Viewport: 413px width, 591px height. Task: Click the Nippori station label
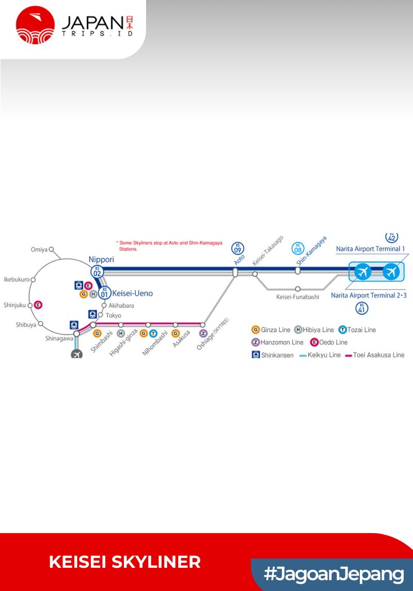pos(101,260)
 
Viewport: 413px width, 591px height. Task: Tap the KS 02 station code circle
pos(97,270)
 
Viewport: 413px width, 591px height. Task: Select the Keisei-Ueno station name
pos(133,293)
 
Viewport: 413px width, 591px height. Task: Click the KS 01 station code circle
pos(105,293)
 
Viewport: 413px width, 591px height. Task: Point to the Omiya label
pos(39,250)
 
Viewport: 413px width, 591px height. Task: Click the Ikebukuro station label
pos(17,279)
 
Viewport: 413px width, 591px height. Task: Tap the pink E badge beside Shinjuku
pos(38,305)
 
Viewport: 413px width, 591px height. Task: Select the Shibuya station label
pos(26,325)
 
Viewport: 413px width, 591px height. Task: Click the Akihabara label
pos(121,306)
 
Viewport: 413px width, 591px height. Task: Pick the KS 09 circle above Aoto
pos(237,248)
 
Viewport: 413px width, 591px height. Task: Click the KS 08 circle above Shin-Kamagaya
pos(298,248)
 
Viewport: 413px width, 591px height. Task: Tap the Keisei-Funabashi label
pos(297,297)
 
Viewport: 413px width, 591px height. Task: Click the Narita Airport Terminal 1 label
pos(370,249)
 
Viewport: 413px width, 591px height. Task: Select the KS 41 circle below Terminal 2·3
pos(362,309)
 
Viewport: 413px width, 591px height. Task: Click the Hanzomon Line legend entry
pos(277,342)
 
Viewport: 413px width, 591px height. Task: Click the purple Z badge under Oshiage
pos(203,333)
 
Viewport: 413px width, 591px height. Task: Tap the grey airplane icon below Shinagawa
pos(77,354)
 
